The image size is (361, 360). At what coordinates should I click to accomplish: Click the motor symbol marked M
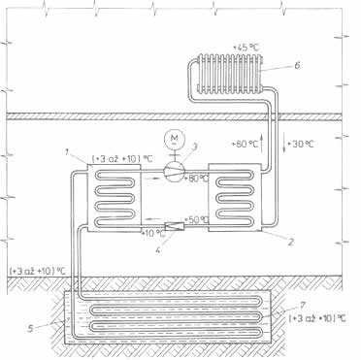(x=174, y=139)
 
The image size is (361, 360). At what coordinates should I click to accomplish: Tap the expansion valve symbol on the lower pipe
(x=174, y=226)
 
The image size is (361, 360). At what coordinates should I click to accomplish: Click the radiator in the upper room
(x=230, y=74)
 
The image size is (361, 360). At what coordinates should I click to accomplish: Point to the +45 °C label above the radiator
(x=246, y=48)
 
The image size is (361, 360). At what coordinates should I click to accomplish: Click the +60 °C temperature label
(x=245, y=144)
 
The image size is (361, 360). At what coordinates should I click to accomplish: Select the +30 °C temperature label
(x=301, y=144)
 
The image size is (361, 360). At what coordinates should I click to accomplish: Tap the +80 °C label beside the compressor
(x=196, y=179)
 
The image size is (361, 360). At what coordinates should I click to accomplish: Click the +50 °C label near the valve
(x=196, y=219)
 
